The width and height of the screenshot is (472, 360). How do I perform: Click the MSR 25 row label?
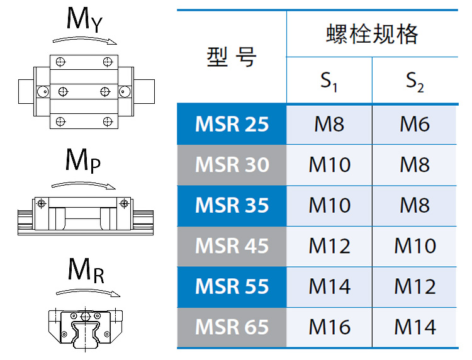[232, 124]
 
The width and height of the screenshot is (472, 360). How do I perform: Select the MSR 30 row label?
[232, 165]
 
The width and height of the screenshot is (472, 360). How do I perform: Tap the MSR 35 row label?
[232, 205]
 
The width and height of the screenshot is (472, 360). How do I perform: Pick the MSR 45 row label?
[232, 246]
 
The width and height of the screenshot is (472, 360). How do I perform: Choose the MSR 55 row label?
[232, 286]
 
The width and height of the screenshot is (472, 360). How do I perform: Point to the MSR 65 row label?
[232, 327]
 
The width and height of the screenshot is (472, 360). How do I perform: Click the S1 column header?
[329, 81]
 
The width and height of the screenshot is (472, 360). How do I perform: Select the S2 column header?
[415, 81]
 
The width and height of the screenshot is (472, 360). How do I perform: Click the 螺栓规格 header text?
[372, 34]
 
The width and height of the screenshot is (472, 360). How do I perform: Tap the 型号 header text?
[232, 57]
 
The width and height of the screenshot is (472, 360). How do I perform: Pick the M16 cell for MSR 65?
[329, 327]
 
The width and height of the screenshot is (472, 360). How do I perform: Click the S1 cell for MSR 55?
[329, 286]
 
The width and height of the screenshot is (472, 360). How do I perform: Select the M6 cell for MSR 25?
[415, 124]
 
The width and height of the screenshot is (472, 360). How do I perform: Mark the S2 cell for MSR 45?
[415, 246]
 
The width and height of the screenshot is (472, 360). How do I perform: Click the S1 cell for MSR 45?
[329, 246]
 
